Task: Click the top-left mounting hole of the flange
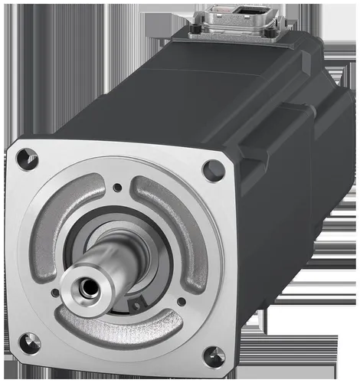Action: [x=27, y=158]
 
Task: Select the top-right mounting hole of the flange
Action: [x=213, y=170]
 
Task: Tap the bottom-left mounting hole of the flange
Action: [x=28, y=342]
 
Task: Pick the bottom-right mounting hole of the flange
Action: [x=214, y=357]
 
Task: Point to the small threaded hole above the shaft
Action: [x=116, y=187]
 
